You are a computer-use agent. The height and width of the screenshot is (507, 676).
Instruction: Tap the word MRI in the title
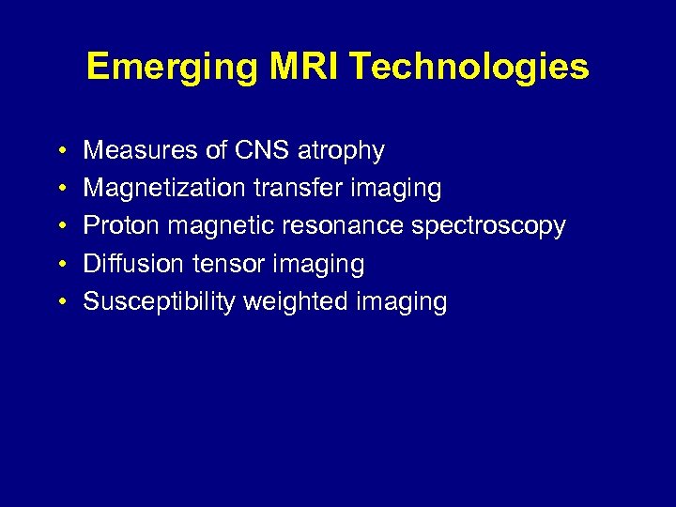287,67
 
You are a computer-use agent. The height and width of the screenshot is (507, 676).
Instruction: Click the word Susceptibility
160,302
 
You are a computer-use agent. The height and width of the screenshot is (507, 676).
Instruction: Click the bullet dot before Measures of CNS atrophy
60,151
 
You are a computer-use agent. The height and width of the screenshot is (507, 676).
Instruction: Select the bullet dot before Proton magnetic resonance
60,226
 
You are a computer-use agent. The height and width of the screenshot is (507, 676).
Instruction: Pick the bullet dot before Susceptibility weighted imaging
60,301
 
